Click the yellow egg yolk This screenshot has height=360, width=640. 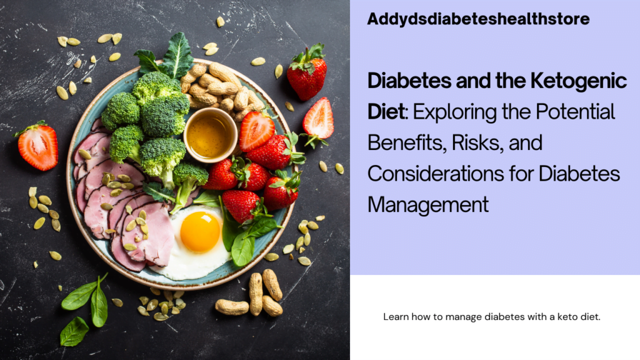pos(200,232)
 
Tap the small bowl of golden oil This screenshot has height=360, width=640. pos(210,135)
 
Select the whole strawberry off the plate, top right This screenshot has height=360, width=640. pos(307,72)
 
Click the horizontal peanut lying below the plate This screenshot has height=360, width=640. pos(232,307)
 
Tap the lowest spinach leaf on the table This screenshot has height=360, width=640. pos(74,331)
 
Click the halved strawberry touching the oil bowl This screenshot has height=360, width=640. pos(256,130)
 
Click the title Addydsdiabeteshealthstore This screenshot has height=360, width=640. pos(478,19)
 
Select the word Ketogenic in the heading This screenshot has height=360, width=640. pos(578,81)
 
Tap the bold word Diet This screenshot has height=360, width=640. pos(386,111)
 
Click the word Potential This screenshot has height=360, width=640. pos(575,111)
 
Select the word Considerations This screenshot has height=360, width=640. pos(435,174)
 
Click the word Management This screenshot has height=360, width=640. pos(427,204)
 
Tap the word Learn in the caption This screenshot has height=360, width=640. pos(396,317)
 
